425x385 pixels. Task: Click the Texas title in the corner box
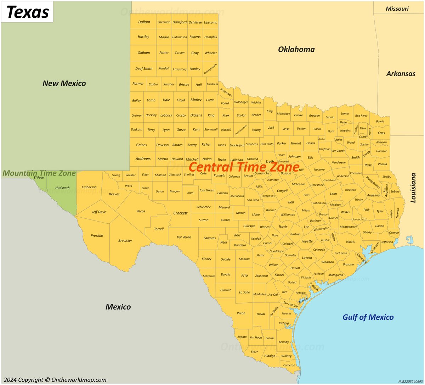(27, 12)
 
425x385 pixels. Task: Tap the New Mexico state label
(64, 83)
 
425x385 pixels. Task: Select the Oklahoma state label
(296, 49)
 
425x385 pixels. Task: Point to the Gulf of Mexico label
(368, 317)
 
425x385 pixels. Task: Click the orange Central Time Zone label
(244, 167)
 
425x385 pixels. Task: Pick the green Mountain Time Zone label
(39, 173)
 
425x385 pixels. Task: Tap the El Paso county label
(39, 178)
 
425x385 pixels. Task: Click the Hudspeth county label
(62, 188)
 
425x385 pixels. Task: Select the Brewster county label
(125, 241)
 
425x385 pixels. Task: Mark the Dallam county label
(144, 22)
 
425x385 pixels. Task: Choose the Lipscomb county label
(210, 22)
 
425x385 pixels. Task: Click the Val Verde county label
(184, 237)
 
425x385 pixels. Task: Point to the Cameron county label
(289, 366)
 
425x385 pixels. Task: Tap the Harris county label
(350, 242)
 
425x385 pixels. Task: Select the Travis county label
(283, 227)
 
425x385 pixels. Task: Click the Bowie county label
(380, 121)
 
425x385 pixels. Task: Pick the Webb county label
(241, 313)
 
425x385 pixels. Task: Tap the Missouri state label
(397, 9)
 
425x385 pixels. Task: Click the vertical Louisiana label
(413, 188)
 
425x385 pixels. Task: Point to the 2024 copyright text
(55, 380)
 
